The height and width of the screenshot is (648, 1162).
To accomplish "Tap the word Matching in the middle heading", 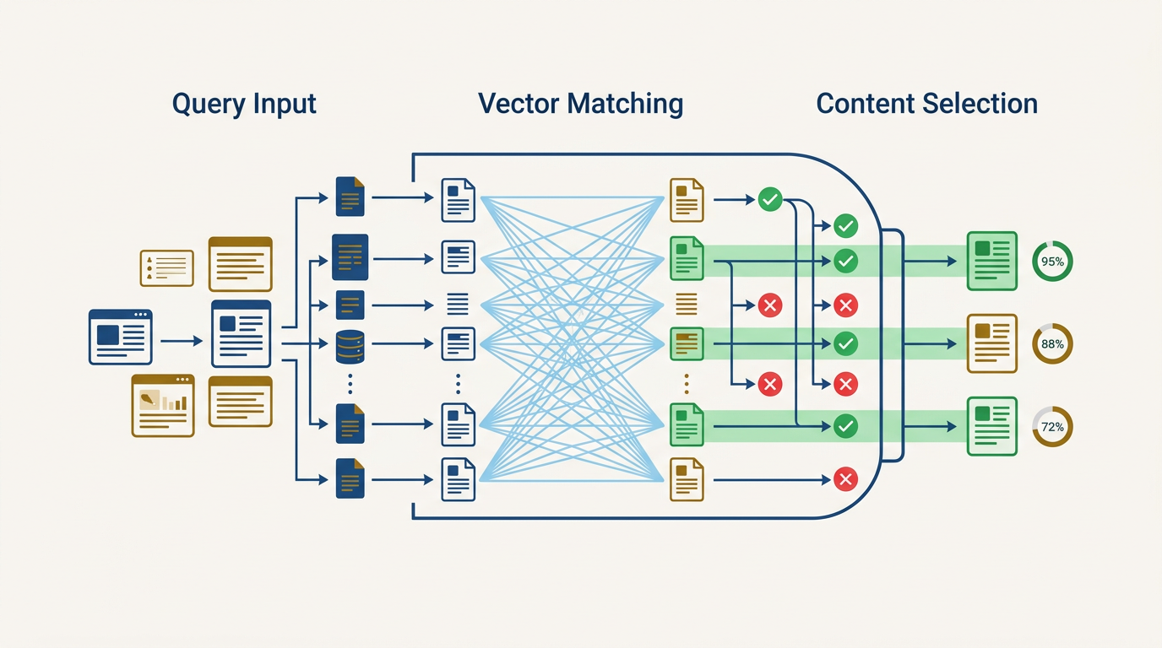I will (625, 105).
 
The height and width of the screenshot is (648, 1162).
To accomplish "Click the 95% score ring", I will (1052, 262).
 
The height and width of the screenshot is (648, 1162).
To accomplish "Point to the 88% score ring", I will (1052, 344).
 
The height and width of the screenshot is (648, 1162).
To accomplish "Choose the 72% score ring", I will (1052, 427).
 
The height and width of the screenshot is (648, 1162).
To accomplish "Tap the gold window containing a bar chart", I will (163, 406).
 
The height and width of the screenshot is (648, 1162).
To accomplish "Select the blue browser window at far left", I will (121, 337).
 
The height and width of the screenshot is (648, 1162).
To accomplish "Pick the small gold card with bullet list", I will (166, 268).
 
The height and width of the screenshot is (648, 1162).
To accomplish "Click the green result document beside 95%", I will (991, 261).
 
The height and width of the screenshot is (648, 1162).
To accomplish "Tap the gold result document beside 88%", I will (991, 343).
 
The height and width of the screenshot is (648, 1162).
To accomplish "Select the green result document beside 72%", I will (991, 427).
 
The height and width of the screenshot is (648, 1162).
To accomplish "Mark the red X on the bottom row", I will (845, 480).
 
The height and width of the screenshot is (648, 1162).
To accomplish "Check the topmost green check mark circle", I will (769, 200).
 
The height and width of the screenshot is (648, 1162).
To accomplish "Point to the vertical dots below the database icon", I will (350, 385).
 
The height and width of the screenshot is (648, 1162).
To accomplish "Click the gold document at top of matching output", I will (687, 200).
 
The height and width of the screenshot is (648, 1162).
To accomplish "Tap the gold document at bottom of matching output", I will (687, 479).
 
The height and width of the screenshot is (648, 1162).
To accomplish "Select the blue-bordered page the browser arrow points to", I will (241, 334).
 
